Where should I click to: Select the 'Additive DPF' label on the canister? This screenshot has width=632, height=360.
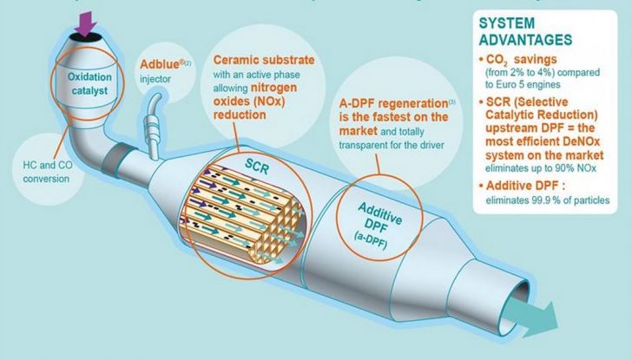point(379,209)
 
